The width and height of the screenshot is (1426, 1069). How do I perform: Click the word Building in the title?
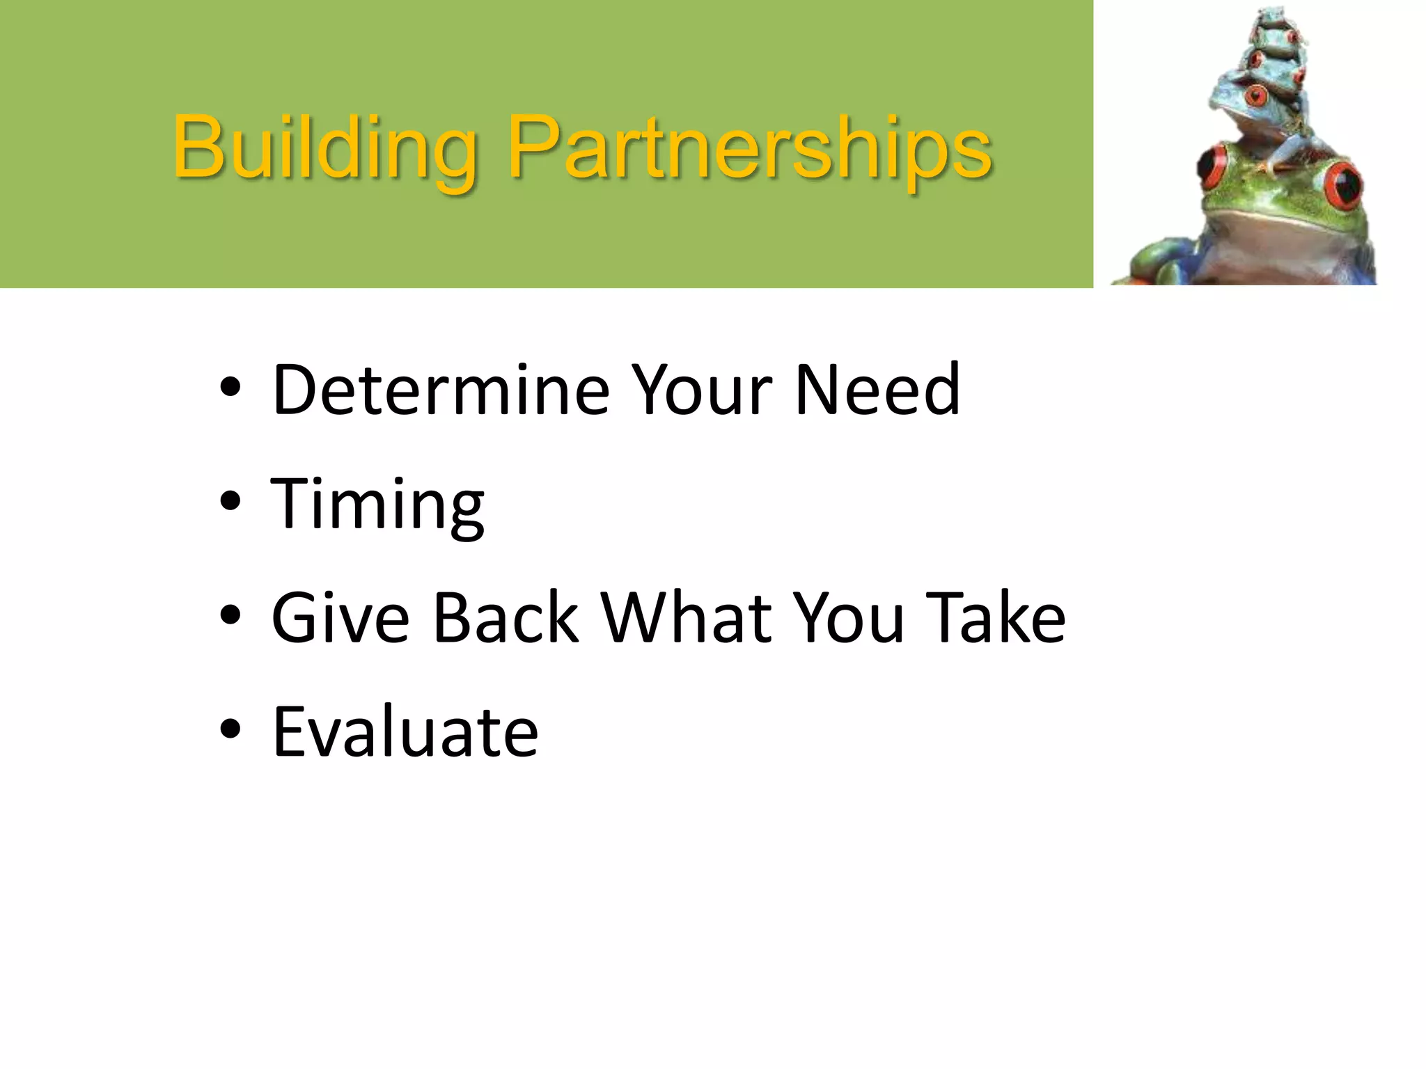(324, 148)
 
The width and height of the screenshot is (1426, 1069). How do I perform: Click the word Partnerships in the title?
(749, 148)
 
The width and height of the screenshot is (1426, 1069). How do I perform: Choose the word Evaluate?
(405, 732)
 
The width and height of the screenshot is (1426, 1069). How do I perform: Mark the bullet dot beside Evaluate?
(230, 729)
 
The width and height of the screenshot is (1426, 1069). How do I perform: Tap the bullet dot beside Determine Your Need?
(230, 387)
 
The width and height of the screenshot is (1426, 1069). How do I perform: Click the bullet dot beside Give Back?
(230, 615)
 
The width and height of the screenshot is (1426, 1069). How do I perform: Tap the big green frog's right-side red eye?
(1343, 185)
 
